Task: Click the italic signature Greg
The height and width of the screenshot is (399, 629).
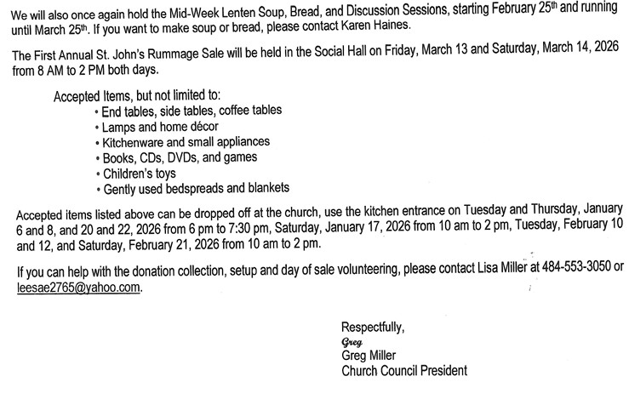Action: [351, 342]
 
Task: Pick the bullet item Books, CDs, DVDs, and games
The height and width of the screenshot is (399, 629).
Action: [184, 157]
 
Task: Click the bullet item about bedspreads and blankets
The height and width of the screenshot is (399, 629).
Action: [196, 187]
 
